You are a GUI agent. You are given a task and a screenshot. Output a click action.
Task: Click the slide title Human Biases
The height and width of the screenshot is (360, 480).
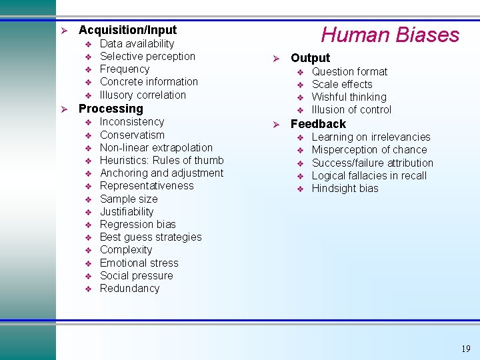click(x=390, y=35)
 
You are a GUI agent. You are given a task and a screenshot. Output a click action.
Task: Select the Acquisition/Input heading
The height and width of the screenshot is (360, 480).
click(x=127, y=30)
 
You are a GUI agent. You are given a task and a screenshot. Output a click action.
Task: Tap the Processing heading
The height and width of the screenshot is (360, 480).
click(x=111, y=109)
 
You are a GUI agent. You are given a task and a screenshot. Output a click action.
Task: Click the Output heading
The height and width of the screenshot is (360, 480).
click(x=310, y=58)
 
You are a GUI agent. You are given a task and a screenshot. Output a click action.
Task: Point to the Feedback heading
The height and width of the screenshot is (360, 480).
click(x=318, y=124)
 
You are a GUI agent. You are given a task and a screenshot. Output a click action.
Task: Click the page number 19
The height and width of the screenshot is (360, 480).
click(x=465, y=349)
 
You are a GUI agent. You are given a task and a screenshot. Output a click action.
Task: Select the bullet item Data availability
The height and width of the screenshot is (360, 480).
click(x=137, y=44)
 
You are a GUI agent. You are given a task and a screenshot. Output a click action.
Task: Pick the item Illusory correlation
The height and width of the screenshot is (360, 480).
click(x=143, y=95)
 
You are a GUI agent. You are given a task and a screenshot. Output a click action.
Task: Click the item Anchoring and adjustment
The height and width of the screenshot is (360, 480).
click(x=161, y=173)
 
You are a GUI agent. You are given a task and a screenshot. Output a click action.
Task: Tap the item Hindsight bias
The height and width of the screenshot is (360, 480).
click(x=345, y=189)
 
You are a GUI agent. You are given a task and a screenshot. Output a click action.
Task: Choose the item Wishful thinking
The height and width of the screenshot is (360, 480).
click(x=349, y=97)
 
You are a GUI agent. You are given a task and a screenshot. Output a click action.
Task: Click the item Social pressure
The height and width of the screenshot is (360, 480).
click(x=136, y=276)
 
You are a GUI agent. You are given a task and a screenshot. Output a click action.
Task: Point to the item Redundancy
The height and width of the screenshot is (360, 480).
click(x=129, y=289)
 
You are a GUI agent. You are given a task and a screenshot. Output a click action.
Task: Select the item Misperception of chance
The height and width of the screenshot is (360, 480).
click(x=369, y=150)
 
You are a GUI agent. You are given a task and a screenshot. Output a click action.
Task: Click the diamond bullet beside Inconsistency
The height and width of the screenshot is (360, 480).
click(x=88, y=123)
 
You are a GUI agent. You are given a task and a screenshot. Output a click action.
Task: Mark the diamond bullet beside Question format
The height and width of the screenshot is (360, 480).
click(x=300, y=72)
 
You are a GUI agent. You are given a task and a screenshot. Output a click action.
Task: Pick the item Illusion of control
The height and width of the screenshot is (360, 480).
click(x=351, y=110)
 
